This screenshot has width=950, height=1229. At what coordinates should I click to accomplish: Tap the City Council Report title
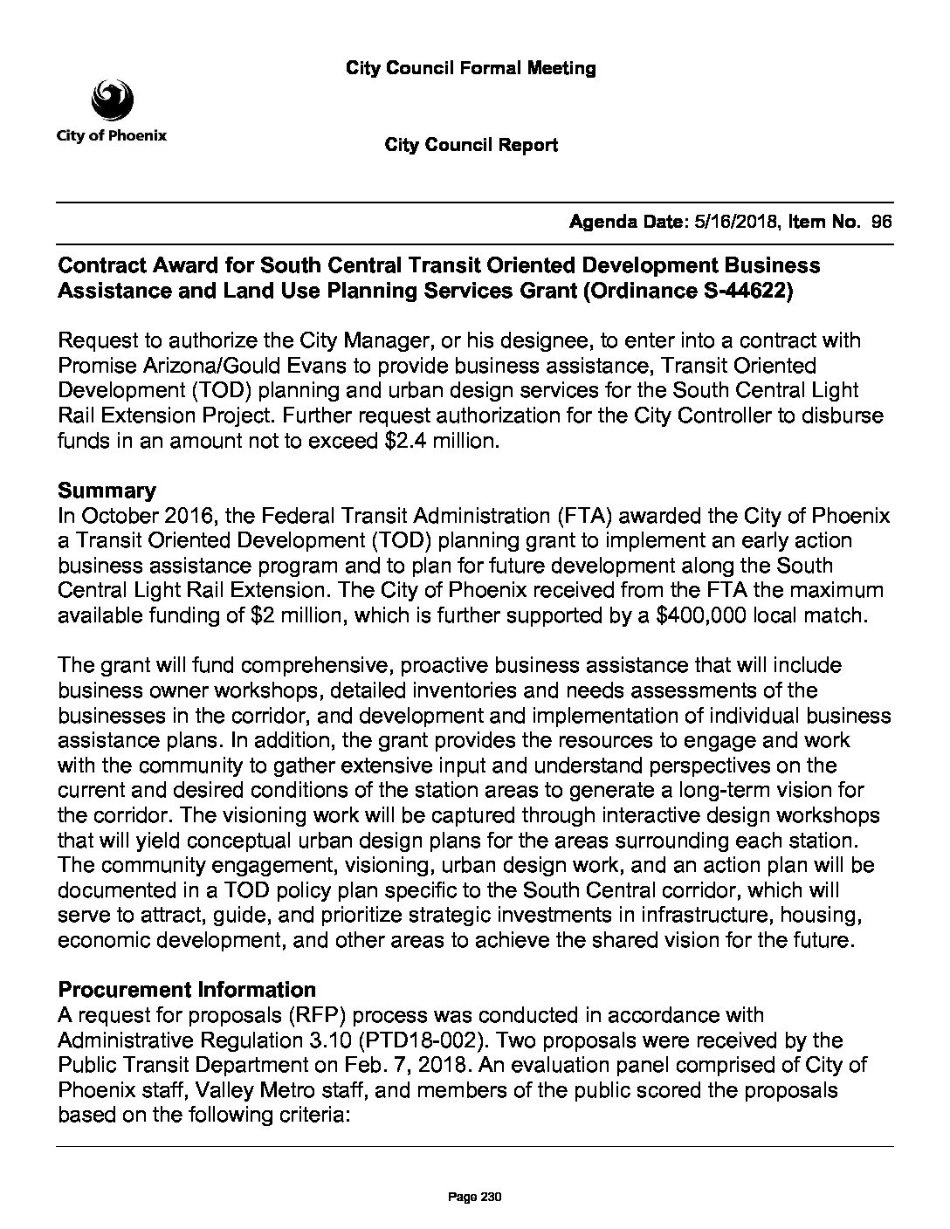pos(471,145)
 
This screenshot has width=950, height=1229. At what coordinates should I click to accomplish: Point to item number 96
pos(881,223)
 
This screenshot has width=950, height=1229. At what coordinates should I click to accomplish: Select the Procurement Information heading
pos(186,990)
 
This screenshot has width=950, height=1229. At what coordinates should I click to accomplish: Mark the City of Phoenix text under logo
pos(112,136)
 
